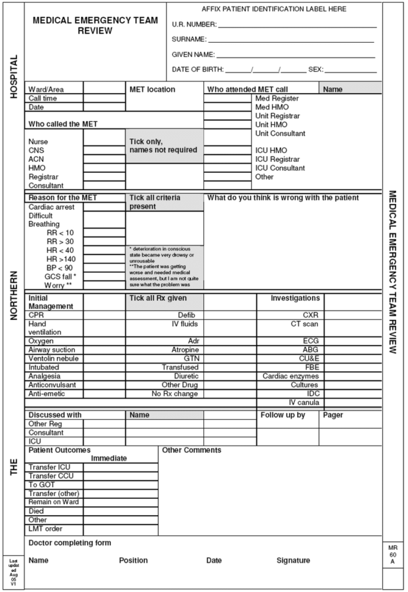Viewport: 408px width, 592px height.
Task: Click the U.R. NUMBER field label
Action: click(194, 24)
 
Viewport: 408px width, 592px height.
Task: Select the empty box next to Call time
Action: click(105, 98)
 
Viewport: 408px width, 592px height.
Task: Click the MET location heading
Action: click(152, 90)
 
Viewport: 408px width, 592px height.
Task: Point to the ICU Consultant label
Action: click(280, 168)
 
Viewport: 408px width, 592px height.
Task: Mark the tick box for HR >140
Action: click(105, 259)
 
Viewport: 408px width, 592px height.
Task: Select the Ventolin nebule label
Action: click(54, 358)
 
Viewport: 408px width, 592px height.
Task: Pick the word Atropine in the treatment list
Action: click(185, 350)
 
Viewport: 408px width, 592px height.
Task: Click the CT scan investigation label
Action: click(305, 324)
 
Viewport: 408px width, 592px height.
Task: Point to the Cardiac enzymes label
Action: click(291, 376)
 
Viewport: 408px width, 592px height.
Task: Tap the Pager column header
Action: click(333, 415)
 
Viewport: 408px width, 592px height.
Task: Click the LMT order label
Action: click(46, 528)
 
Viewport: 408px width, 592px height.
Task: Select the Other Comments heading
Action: click(192, 450)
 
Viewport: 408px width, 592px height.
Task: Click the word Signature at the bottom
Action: click(293, 560)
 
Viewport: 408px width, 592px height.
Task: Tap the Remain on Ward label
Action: click(54, 502)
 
